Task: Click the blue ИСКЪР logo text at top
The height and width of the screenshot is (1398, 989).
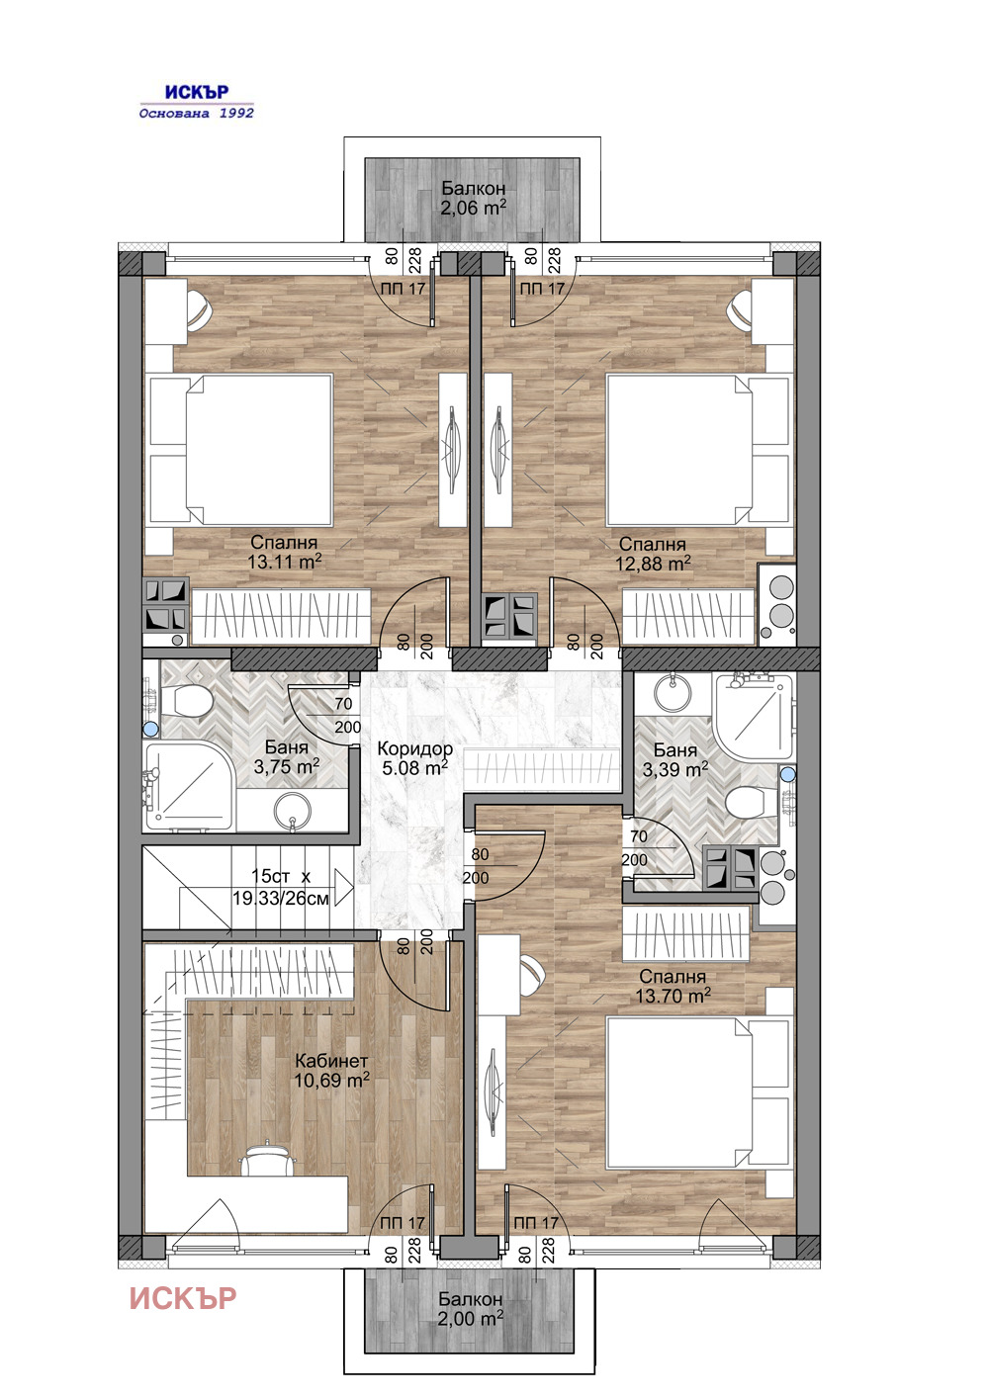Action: point(197,92)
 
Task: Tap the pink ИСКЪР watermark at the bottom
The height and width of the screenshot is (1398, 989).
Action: point(183,1298)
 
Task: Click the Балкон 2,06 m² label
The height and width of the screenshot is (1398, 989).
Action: point(474,198)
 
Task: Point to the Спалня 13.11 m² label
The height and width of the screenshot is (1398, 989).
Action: point(285,553)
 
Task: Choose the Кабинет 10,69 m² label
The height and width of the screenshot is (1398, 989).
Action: point(331,1071)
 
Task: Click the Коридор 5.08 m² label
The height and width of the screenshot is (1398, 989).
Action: point(414,757)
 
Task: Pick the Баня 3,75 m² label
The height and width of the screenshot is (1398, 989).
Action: point(287,756)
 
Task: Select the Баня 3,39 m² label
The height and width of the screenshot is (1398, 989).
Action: point(674,759)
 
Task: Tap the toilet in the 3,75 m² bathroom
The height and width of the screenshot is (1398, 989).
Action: point(186,701)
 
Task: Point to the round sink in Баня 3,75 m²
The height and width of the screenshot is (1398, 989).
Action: point(292,812)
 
